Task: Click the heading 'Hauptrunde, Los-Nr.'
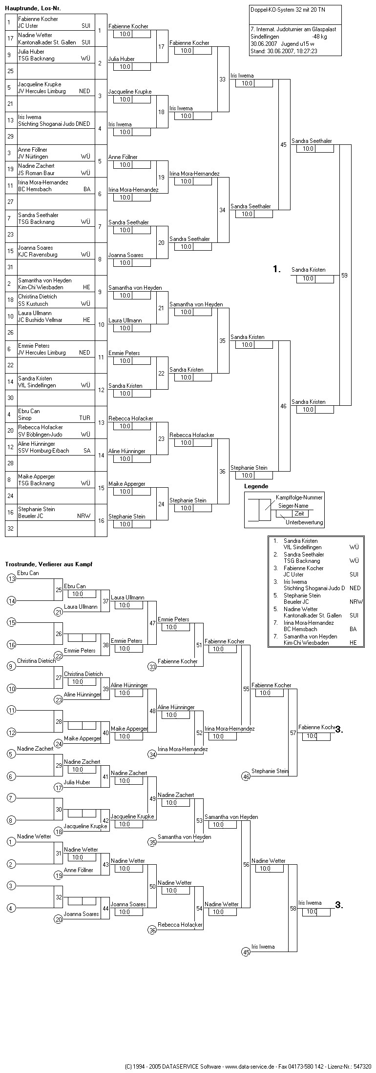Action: [x=33, y=9]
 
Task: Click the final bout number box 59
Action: [x=345, y=276]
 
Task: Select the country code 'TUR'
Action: [x=84, y=418]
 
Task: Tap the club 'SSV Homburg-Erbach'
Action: [x=43, y=451]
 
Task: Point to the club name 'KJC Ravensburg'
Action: [x=38, y=255]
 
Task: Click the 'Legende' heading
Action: [x=256, y=486]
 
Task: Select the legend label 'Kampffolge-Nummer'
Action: [x=299, y=497]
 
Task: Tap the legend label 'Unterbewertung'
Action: [x=304, y=522]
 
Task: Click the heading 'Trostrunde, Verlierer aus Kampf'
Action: [x=49, y=564]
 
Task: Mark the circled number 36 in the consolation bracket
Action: [x=152, y=930]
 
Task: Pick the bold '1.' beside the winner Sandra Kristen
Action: [x=277, y=269]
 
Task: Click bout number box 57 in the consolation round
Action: [x=293, y=733]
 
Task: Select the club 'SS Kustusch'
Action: [x=33, y=304]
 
